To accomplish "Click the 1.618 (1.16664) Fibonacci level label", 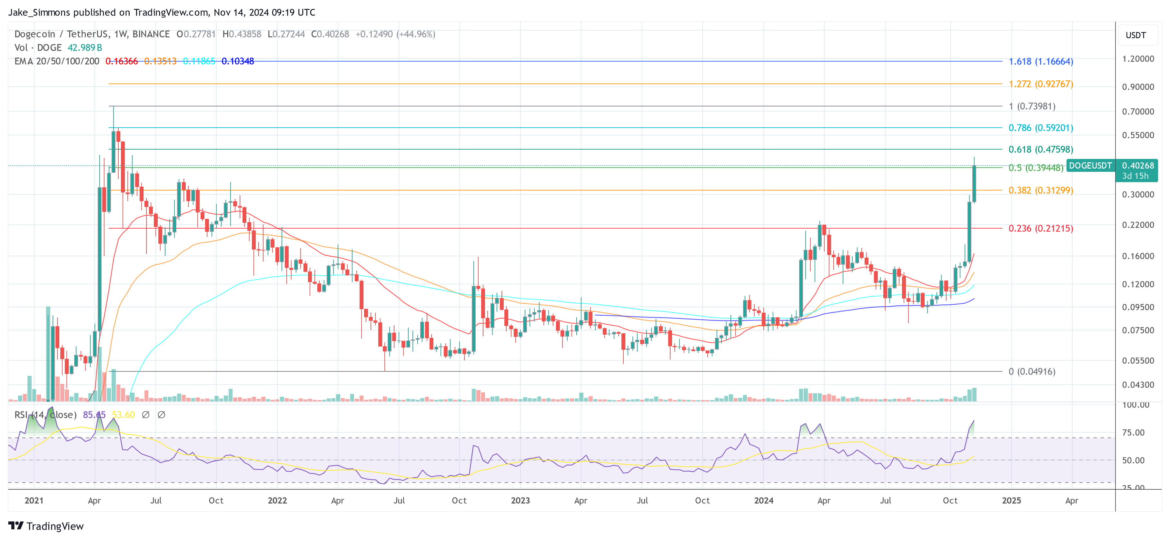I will point(1041,61).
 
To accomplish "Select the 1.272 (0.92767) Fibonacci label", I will point(1041,84).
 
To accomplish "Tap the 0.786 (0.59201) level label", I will point(1041,128).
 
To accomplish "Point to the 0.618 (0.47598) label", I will point(1041,149).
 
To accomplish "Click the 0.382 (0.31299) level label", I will point(1041,190).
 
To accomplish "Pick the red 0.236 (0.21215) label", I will point(1041,229).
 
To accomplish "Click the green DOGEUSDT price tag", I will point(1090,166).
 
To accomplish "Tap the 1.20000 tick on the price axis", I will point(1138,59).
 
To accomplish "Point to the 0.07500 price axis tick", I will point(1138,330).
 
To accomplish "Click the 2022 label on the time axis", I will point(277,500).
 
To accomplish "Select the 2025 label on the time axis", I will point(1011,500).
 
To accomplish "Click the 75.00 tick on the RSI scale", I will point(1133,432).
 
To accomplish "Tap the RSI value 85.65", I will point(94,415).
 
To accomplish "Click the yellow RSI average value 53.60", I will point(123,415).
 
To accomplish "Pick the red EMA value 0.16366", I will point(121,61).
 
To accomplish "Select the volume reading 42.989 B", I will point(84,48).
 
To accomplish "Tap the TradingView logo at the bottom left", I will point(46,526).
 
